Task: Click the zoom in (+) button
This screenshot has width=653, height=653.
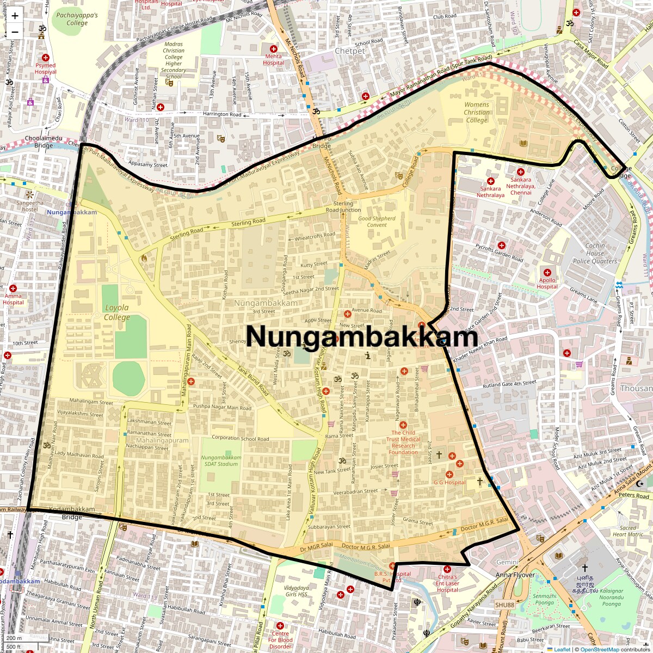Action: pyautogui.click(x=15, y=16)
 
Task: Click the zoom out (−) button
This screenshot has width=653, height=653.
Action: pyautogui.click(x=15, y=32)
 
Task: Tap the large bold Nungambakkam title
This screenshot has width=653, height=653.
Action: pyautogui.click(x=362, y=336)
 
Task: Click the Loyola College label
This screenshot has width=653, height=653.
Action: pyautogui.click(x=117, y=312)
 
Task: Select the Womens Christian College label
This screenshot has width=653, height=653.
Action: pyautogui.click(x=477, y=112)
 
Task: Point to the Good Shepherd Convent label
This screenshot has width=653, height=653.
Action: pyautogui.click(x=377, y=221)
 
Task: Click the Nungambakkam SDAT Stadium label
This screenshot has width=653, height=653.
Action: pyautogui.click(x=221, y=460)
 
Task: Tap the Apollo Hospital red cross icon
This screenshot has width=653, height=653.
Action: pyautogui.click(x=548, y=272)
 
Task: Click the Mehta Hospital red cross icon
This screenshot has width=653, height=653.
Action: pyautogui.click(x=273, y=49)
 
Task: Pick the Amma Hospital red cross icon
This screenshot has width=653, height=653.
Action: pyautogui.click(x=13, y=288)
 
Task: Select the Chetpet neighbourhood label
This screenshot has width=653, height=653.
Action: pyautogui.click(x=350, y=51)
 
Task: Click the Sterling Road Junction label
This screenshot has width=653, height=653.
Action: pyautogui.click(x=343, y=207)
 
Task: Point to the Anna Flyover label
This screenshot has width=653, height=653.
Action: pyautogui.click(x=515, y=575)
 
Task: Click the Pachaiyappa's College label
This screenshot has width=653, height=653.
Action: pyautogui.click(x=77, y=19)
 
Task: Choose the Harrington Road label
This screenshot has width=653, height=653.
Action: pyautogui.click(x=222, y=115)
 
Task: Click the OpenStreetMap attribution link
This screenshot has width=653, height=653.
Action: pyautogui.click(x=599, y=649)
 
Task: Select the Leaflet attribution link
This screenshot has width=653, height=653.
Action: pyautogui.click(x=562, y=649)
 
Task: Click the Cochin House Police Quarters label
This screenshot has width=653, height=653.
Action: pyautogui.click(x=595, y=253)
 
